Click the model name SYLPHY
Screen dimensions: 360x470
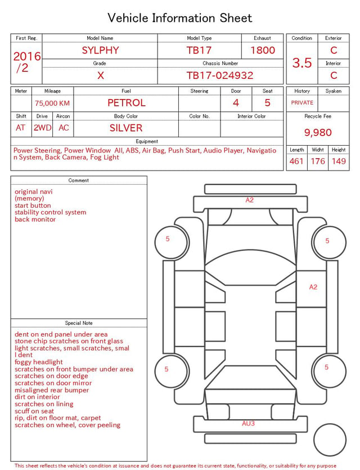tap(100, 50)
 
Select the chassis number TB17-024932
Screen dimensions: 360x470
tap(220, 75)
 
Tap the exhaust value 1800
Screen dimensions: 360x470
tap(263, 50)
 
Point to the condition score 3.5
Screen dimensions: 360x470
tap(302, 62)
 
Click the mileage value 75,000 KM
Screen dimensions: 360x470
tap(52, 103)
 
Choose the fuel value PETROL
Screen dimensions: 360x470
tap(127, 103)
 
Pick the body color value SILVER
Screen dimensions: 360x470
tap(126, 128)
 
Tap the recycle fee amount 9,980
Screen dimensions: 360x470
tap(318, 132)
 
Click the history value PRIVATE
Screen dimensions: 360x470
tap(302, 102)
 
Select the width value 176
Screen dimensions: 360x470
tap(318, 161)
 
